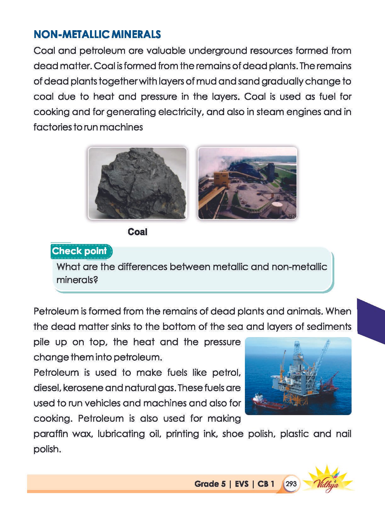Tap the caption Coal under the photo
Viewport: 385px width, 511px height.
pyautogui.click(x=138, y=232)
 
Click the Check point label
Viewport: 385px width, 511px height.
pyautogui.click(x=79, y=251)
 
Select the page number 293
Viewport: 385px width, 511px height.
pyautogui.click(x=291, y=484)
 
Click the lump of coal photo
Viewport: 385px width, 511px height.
pyautogui.click(x=137, y=183)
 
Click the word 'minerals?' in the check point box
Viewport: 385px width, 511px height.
pyautogui.click(x=77, y=280)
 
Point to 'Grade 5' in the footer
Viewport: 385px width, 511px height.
pyautogui.click(x=210, y=484)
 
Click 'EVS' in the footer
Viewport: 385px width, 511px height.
pyautogui.click(x=242, y=484)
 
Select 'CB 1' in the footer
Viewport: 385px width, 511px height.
pyautogui.click(x=266, y=484)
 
